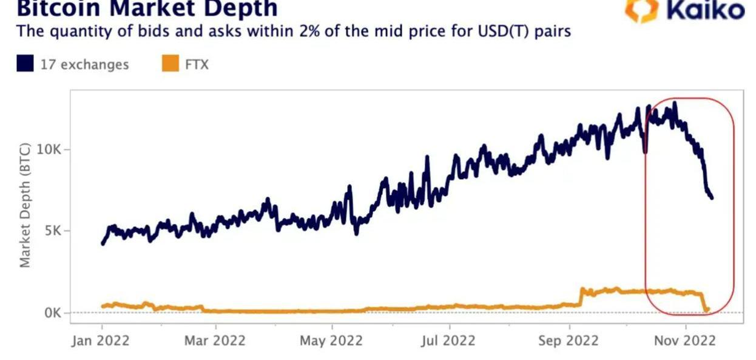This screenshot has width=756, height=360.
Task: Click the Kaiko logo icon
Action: pyautogui.click(x=642, y=10)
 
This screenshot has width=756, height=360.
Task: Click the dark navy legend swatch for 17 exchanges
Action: pyautogui.click(x=25, y=64)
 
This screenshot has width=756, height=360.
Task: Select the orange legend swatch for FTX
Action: pyautogui.click(x=170, y=64)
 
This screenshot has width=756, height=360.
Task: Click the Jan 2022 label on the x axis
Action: pyautogui.click(x=100, y=341)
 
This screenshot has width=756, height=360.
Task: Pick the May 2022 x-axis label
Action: pyautogui.click(x=331, y=341)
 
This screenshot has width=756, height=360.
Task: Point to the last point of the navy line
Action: pyautogui.click(x=712, y=198)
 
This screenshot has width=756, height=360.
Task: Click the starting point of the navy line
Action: pyautogui.click(x=102, y=243)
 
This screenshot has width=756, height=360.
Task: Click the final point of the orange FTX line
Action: pyautogui.click(x=707, y=309)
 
